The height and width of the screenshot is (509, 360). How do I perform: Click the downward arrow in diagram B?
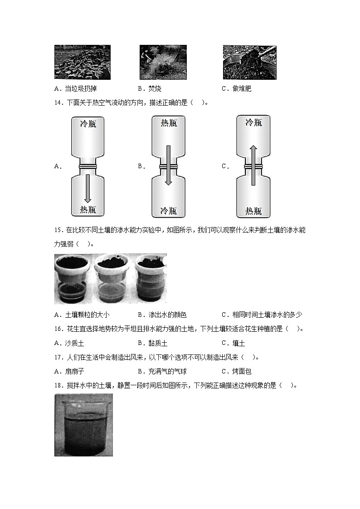(168, 165)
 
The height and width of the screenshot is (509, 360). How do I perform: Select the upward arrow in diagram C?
(253, 165)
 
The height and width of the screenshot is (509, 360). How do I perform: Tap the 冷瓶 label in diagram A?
(88, 124)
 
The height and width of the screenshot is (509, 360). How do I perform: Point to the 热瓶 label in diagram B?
(168, 123)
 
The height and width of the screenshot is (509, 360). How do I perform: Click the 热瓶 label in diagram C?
(253, 211)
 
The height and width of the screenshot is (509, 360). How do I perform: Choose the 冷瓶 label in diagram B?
(168, 211)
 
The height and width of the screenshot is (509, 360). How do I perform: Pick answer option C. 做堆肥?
(236, 88)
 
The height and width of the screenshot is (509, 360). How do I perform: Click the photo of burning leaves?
(163, 62)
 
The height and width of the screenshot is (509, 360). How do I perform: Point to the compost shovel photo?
(249, 62)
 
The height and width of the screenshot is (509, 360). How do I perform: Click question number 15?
(58, 230)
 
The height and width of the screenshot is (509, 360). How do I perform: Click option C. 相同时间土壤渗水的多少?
(262, 315)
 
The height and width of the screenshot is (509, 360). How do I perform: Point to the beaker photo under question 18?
(83, 425)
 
